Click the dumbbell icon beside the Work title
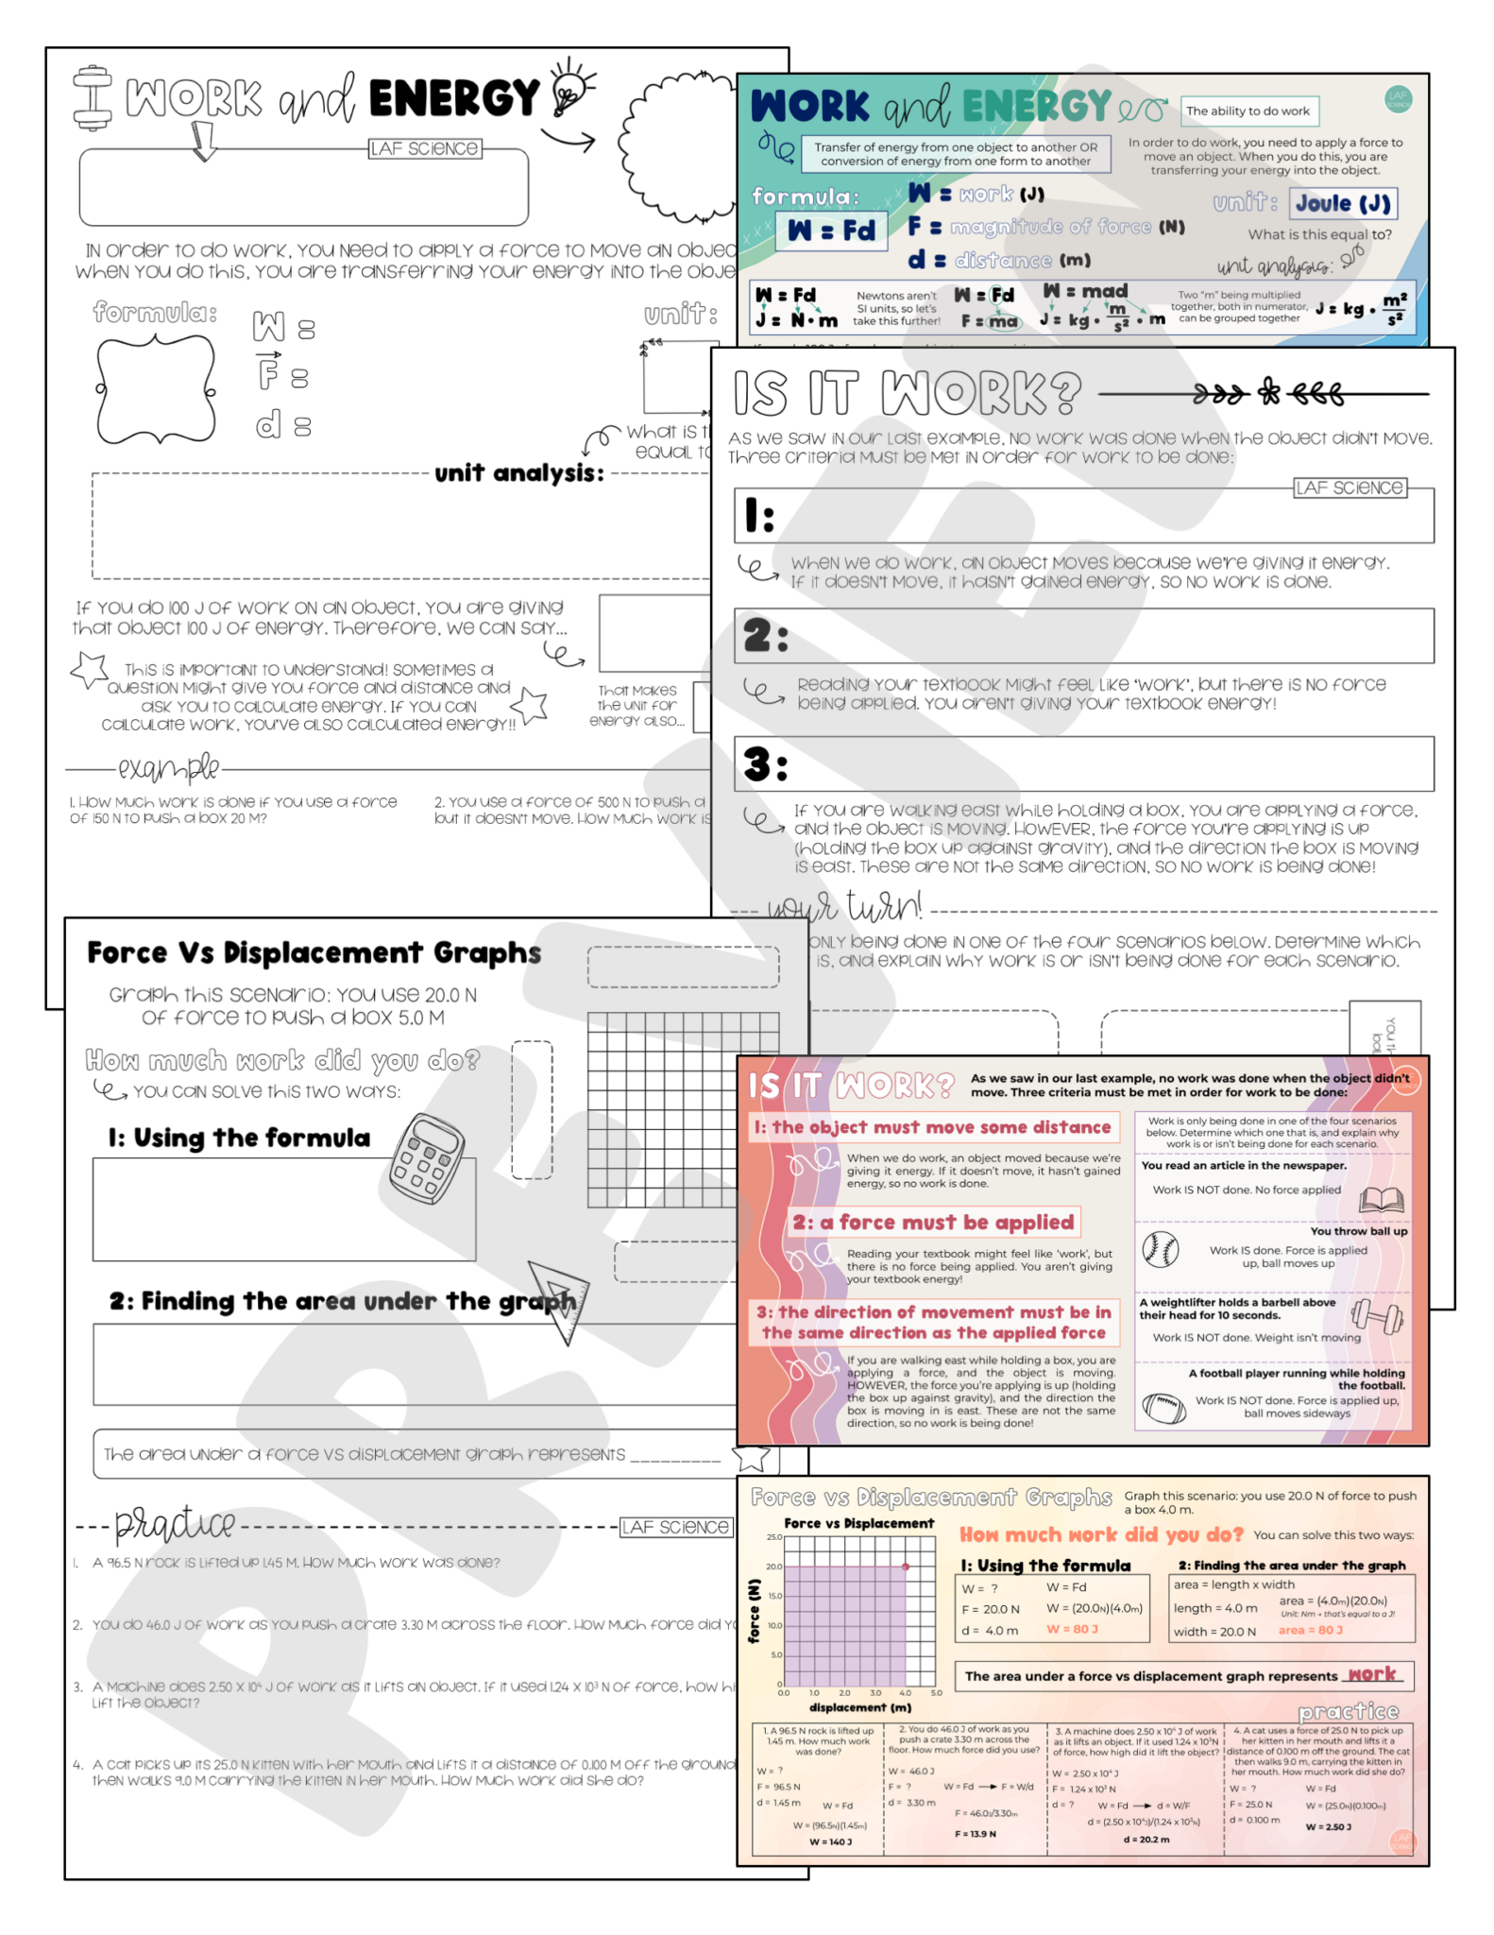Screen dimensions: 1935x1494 pos(92,97)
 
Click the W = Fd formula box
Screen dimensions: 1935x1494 pos(831,231)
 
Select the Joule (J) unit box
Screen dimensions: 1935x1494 pos(1342,203)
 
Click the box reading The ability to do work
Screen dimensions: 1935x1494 pos(1248,111)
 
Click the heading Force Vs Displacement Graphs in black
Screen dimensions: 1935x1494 pos(314,952)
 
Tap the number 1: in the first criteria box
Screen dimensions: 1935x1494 pos(759,516)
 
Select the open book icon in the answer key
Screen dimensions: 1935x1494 pos(1381,1200)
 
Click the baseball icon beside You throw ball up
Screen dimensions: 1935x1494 pos(1160,1249)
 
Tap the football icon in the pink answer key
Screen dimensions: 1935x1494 pos(1163,1408)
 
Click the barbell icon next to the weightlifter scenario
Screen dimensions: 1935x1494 pos(1377,1314)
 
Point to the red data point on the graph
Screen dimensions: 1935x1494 pos(906,1567)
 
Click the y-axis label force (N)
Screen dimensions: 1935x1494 pos(754,1610)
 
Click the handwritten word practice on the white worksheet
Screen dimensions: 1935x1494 pos(175,1524)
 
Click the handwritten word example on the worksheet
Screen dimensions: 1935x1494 pos(169,768)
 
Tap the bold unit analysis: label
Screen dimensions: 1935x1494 pos(518,473)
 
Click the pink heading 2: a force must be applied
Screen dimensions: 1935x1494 pos(933,1223)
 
